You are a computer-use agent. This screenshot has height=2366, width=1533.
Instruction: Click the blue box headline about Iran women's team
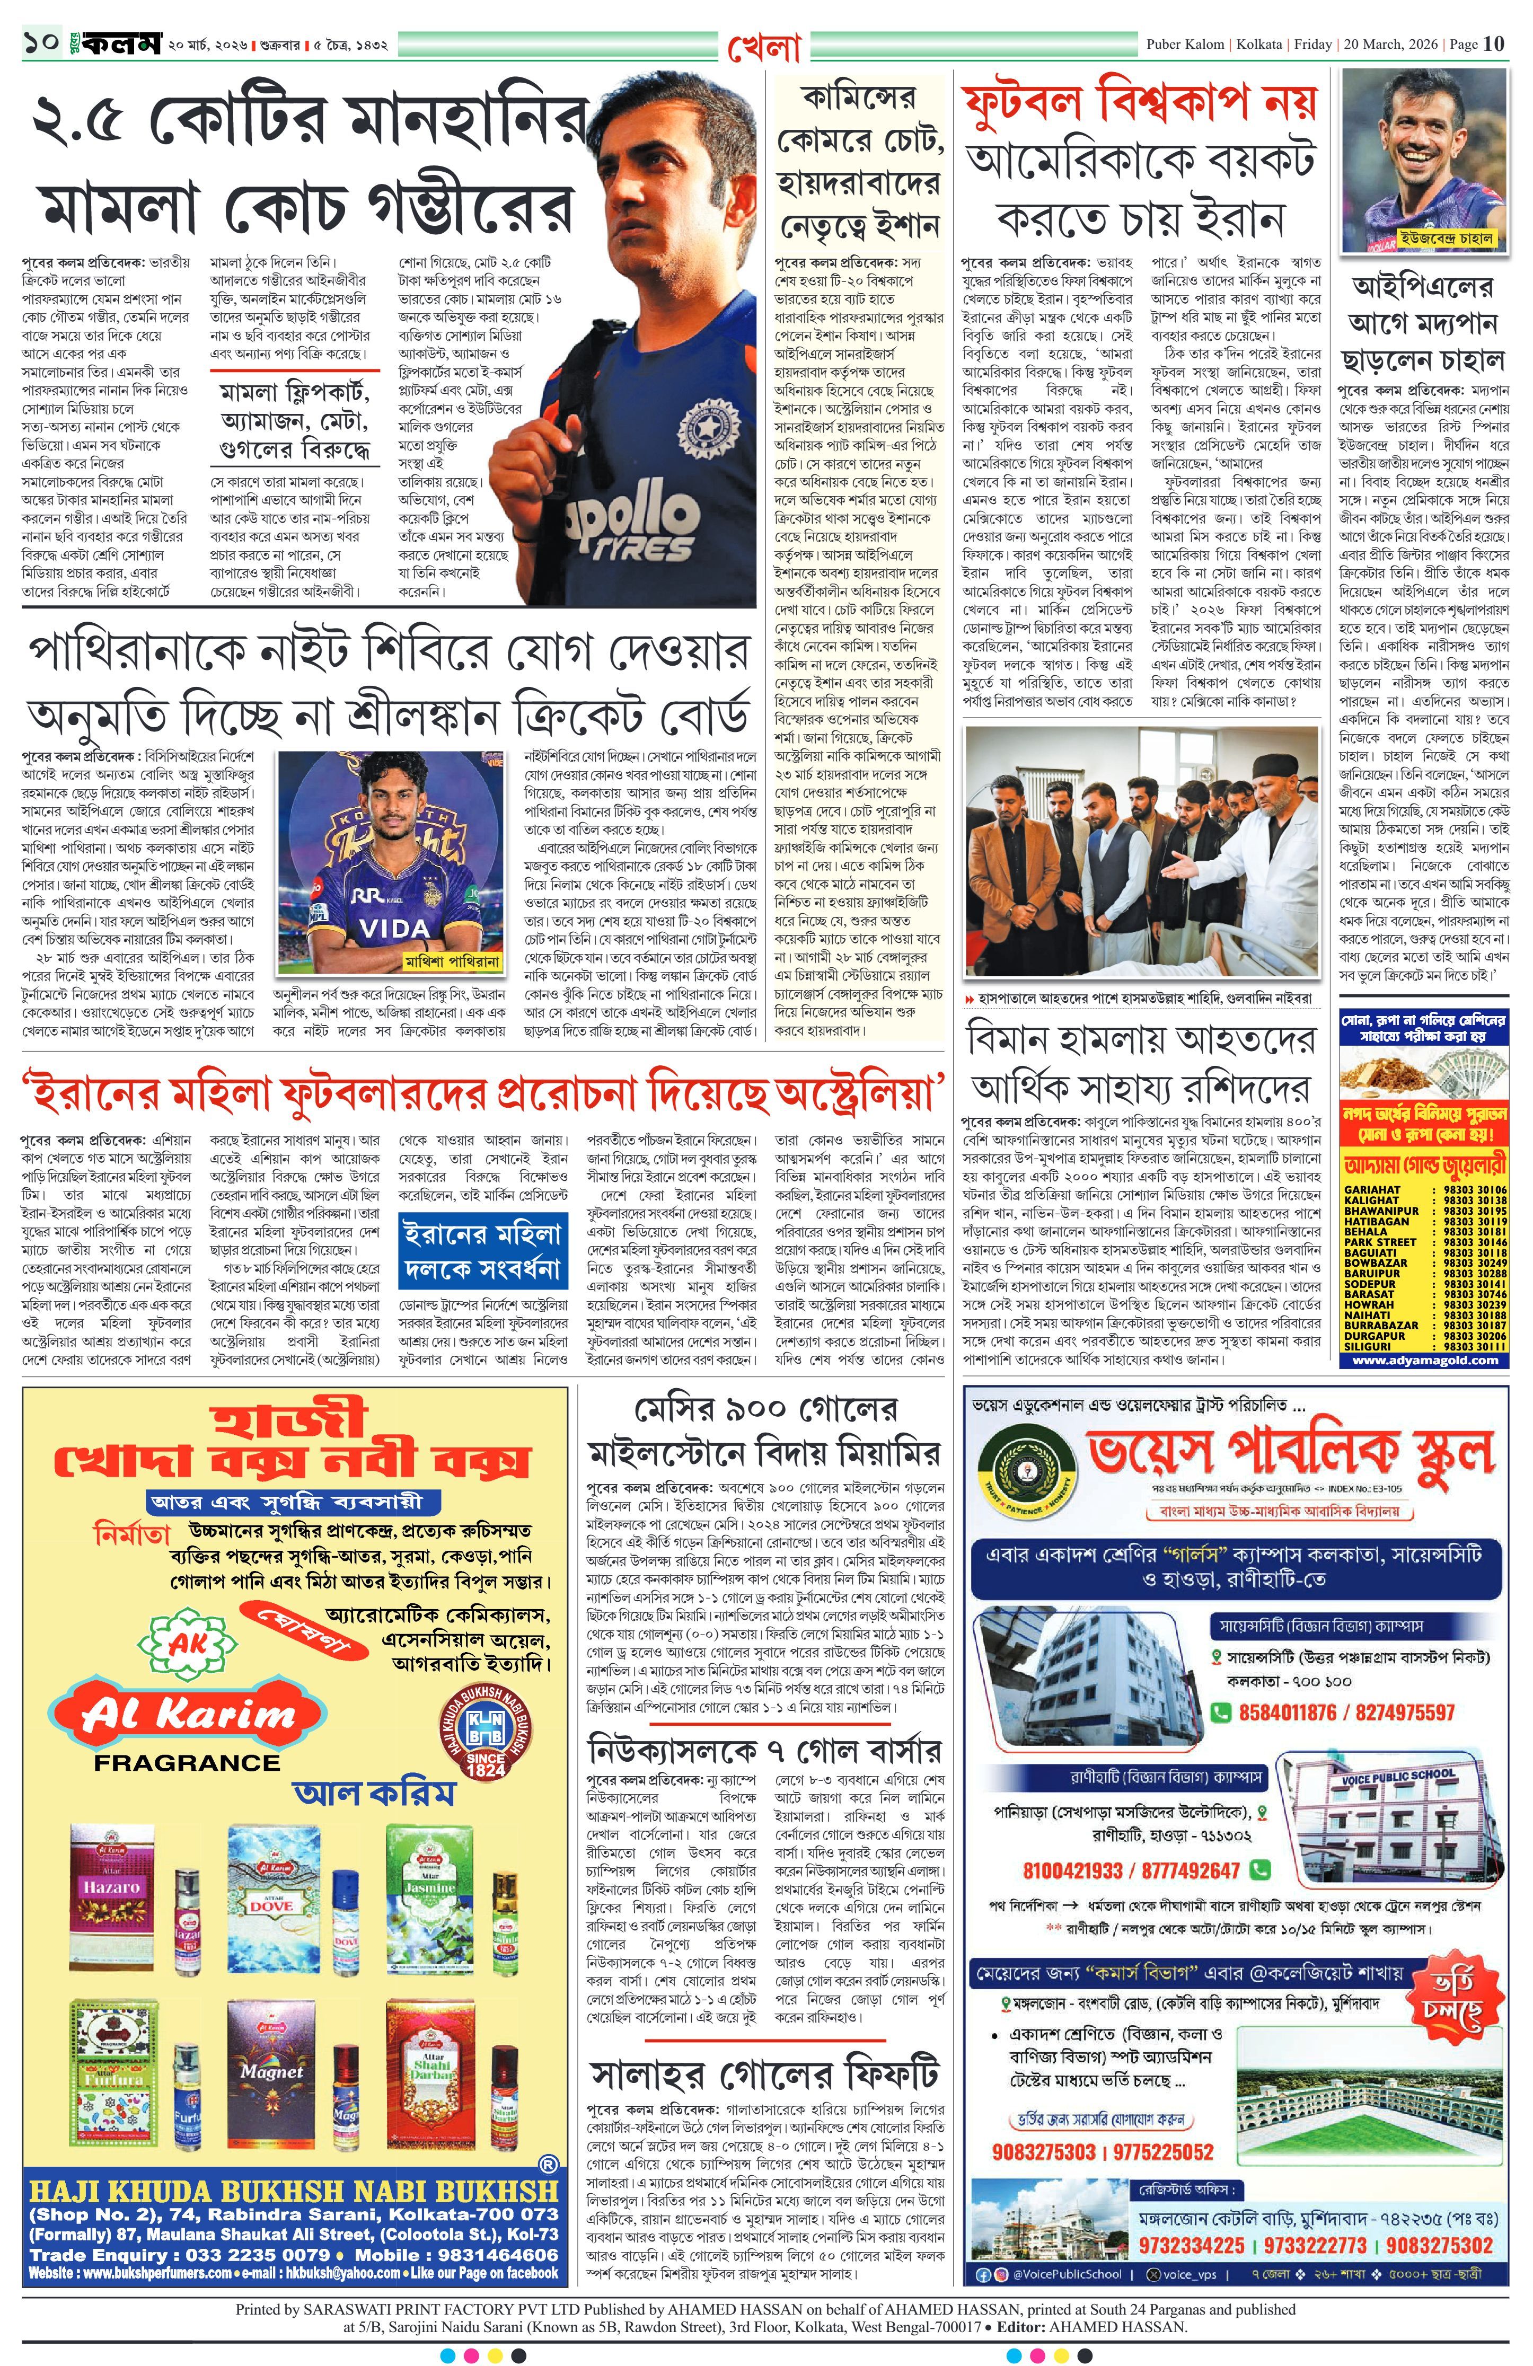[x=482, y=1251]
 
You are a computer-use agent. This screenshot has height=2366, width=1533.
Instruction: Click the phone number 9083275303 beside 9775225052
[x=1044, y=2152]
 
